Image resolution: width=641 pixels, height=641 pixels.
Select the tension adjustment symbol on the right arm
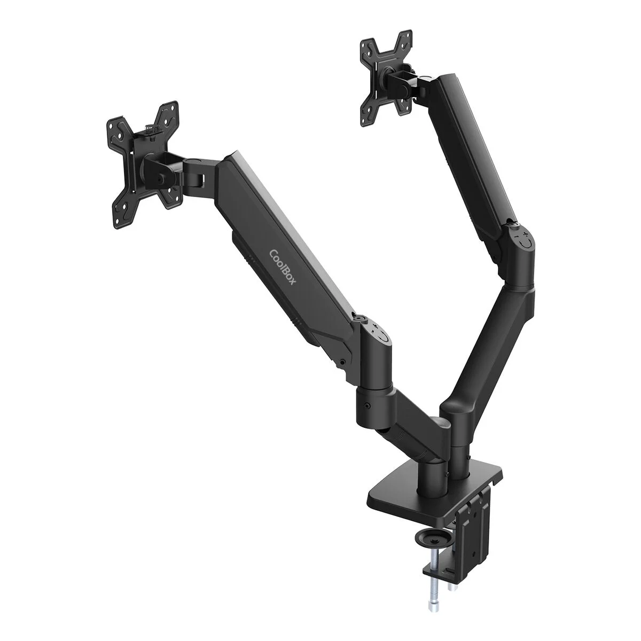524,238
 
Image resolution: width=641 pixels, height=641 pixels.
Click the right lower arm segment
483,342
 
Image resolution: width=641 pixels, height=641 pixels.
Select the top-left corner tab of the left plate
115,123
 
